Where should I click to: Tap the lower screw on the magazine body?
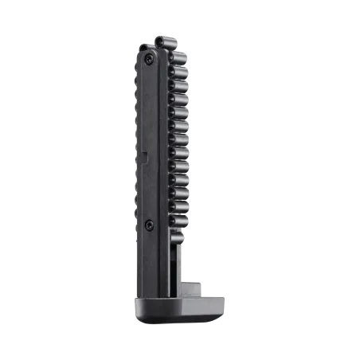(x=149, y=224)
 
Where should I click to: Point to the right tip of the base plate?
(x=226, y=303)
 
